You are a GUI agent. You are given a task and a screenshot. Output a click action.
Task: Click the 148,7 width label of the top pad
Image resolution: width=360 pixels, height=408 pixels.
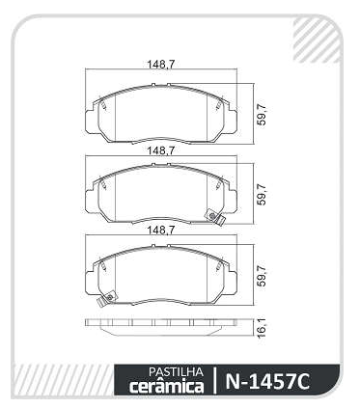pyautogui.click(x=161, y=65)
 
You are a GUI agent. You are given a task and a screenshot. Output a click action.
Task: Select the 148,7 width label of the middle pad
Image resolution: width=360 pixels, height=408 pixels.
pyautogui.click(x=161, y=150)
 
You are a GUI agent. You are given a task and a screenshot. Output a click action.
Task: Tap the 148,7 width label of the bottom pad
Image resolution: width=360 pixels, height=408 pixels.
pyautogui.click(x=161, y=231)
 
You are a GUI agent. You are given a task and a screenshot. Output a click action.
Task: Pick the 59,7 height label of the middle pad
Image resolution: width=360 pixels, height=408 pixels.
pyautogui.click(x=263, y=194)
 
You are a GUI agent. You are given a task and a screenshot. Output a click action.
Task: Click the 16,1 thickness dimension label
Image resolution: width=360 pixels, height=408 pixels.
pyautogui.click(x=263, y=328)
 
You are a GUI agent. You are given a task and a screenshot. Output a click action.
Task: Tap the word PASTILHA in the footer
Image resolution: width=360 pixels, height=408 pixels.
pyautogui.click(x=176, y=372)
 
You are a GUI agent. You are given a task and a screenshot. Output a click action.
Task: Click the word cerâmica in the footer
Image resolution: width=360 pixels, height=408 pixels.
pyautogui.click(x=166, y=386)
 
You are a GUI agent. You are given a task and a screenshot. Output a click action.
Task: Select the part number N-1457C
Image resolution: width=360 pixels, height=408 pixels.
pyautogui.click(x=267, y=382)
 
